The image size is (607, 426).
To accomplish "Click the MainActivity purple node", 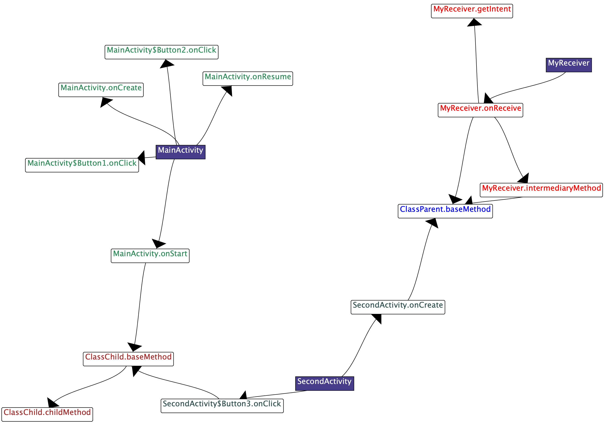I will tap(181, 152).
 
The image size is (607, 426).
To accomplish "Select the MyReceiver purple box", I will tap(569, 65).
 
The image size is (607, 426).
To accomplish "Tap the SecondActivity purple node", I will tap(324, 383).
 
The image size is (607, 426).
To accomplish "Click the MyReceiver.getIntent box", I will tap(472, 11).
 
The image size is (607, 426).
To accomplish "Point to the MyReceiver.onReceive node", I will tap(480, 110).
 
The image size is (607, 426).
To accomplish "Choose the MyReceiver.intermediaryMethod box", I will tap(541, 190).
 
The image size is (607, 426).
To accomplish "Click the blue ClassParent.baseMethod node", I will tap(445, 211).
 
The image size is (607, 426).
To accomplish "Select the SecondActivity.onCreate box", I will tap(398, 307).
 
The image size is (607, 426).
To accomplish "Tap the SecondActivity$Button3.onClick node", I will tap(222, 406).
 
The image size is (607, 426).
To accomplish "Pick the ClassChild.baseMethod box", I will tap(128, 359).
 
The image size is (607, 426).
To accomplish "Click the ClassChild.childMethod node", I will tap(47, 414).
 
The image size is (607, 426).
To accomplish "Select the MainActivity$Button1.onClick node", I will tap(82, 165).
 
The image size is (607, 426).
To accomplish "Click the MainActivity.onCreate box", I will tap(101, 90).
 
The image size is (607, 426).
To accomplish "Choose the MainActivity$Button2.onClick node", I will tap(161, 52).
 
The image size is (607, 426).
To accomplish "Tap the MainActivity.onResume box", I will tap(248, 79).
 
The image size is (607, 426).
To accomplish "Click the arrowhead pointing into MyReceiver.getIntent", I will tap(474, 23).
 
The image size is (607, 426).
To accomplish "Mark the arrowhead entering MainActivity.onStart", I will tap(158, 243).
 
